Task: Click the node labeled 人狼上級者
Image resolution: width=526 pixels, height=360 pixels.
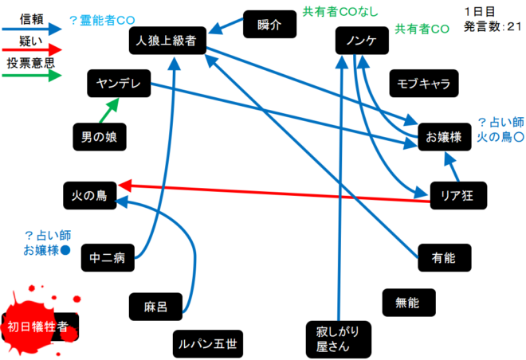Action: [x=167, y=41]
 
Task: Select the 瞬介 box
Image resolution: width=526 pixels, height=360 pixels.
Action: [x=269, y=25]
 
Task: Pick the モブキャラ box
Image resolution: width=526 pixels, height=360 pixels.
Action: [x=422, y=83]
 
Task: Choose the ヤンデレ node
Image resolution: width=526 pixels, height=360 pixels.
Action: [x=118, y=83]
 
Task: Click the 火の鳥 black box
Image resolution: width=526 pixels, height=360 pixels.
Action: [x=89, y=194]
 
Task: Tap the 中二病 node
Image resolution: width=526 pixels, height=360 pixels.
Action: [x=108, y=256]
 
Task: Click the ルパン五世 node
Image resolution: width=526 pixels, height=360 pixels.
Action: [x=207, y=344]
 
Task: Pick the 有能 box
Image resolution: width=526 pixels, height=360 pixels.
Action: [x=445, y=256]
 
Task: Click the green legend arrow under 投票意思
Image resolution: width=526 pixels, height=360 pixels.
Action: [x=32, y=76]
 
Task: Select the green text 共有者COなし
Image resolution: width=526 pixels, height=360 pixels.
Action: [x=340, y=12]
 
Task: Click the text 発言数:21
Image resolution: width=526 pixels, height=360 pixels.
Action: [x=493, y=26]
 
